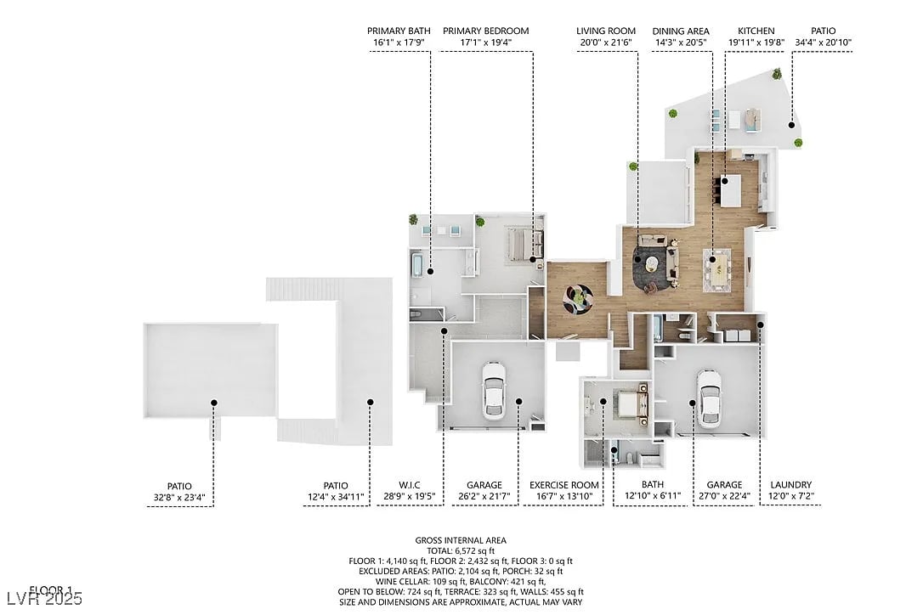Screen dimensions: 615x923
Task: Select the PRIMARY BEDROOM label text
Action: point(485,31)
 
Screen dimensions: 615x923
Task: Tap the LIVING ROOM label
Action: point(606,31)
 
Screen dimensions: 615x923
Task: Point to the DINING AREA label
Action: point(681,31)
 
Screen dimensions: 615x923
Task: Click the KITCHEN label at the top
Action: point(756,31)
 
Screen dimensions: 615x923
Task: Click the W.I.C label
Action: point(411,485)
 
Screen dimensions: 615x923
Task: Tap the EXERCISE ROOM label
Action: point(564,485)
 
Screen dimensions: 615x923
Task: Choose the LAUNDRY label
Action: point(790,485)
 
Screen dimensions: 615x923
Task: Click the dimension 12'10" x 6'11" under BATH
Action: point(652,497)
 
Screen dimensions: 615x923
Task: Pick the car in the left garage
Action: point(493,390)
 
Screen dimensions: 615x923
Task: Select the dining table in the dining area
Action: point(719,268)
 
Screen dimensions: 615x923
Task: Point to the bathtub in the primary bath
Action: point(416,265)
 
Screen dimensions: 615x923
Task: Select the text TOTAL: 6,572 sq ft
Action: point(461,550)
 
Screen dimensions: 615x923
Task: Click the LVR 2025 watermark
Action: point(42,599)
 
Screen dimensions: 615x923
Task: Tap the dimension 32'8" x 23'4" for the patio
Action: point(180,497)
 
